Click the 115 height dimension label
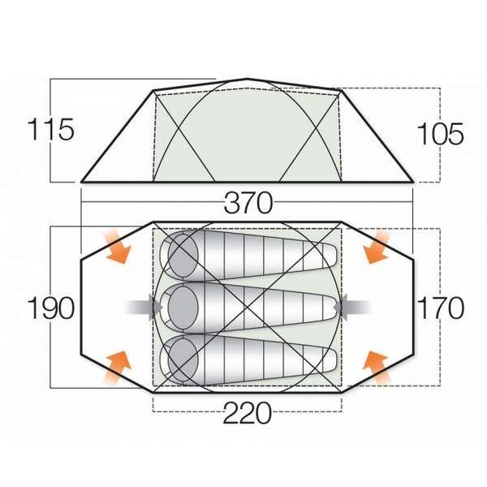tap(50, 130)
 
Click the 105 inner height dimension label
tap(441, 131)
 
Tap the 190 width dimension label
tap(50, 308)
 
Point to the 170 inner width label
tap(441, 308)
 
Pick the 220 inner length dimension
tap(247, 414)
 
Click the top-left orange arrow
tap(116, 246)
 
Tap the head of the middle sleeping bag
tap(182, 307)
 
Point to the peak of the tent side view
tap(248, 80)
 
